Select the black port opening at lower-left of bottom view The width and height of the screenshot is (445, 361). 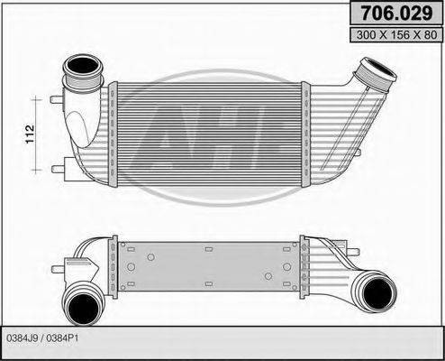coord(83,302)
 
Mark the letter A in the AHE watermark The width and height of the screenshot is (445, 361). coord(174,137)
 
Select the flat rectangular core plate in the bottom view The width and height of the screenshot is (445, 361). coord(212,263)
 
